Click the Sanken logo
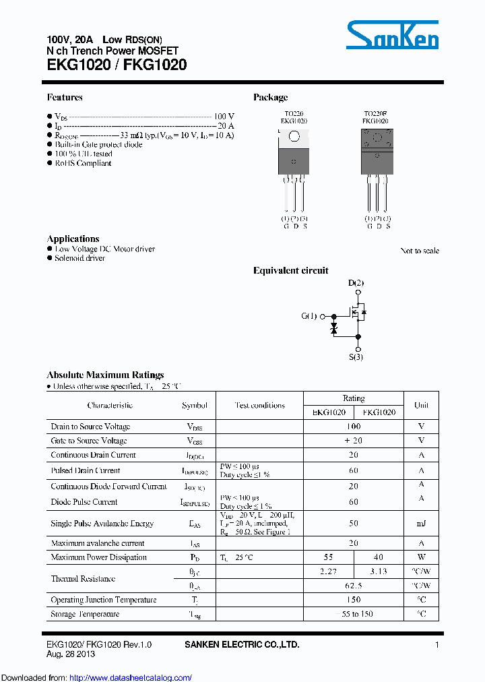click(x=393, y=34)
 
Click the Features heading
click(x=65, y=98)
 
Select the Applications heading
click(x=73, y=239)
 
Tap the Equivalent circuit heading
click(x=290, y=271)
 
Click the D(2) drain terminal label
click(x=356, y=283)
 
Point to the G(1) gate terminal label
click(x=309, y=316)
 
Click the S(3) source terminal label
click(x=356, y=357)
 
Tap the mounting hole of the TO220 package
click(x=294, y=137)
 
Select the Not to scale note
click(x=419, y=251)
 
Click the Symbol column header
click(x=195, y=406)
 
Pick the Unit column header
click(x=421, y=406)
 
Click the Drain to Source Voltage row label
click(x=90, y=427)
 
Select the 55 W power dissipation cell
click(x=329, y=557)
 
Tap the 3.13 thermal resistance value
click(x=379, y=571)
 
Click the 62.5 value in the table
click(x=354, y=586)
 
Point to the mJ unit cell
click(x=421, y=524)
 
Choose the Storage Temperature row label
click(x=85, y=614)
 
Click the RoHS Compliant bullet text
click(x=83, y=163)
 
